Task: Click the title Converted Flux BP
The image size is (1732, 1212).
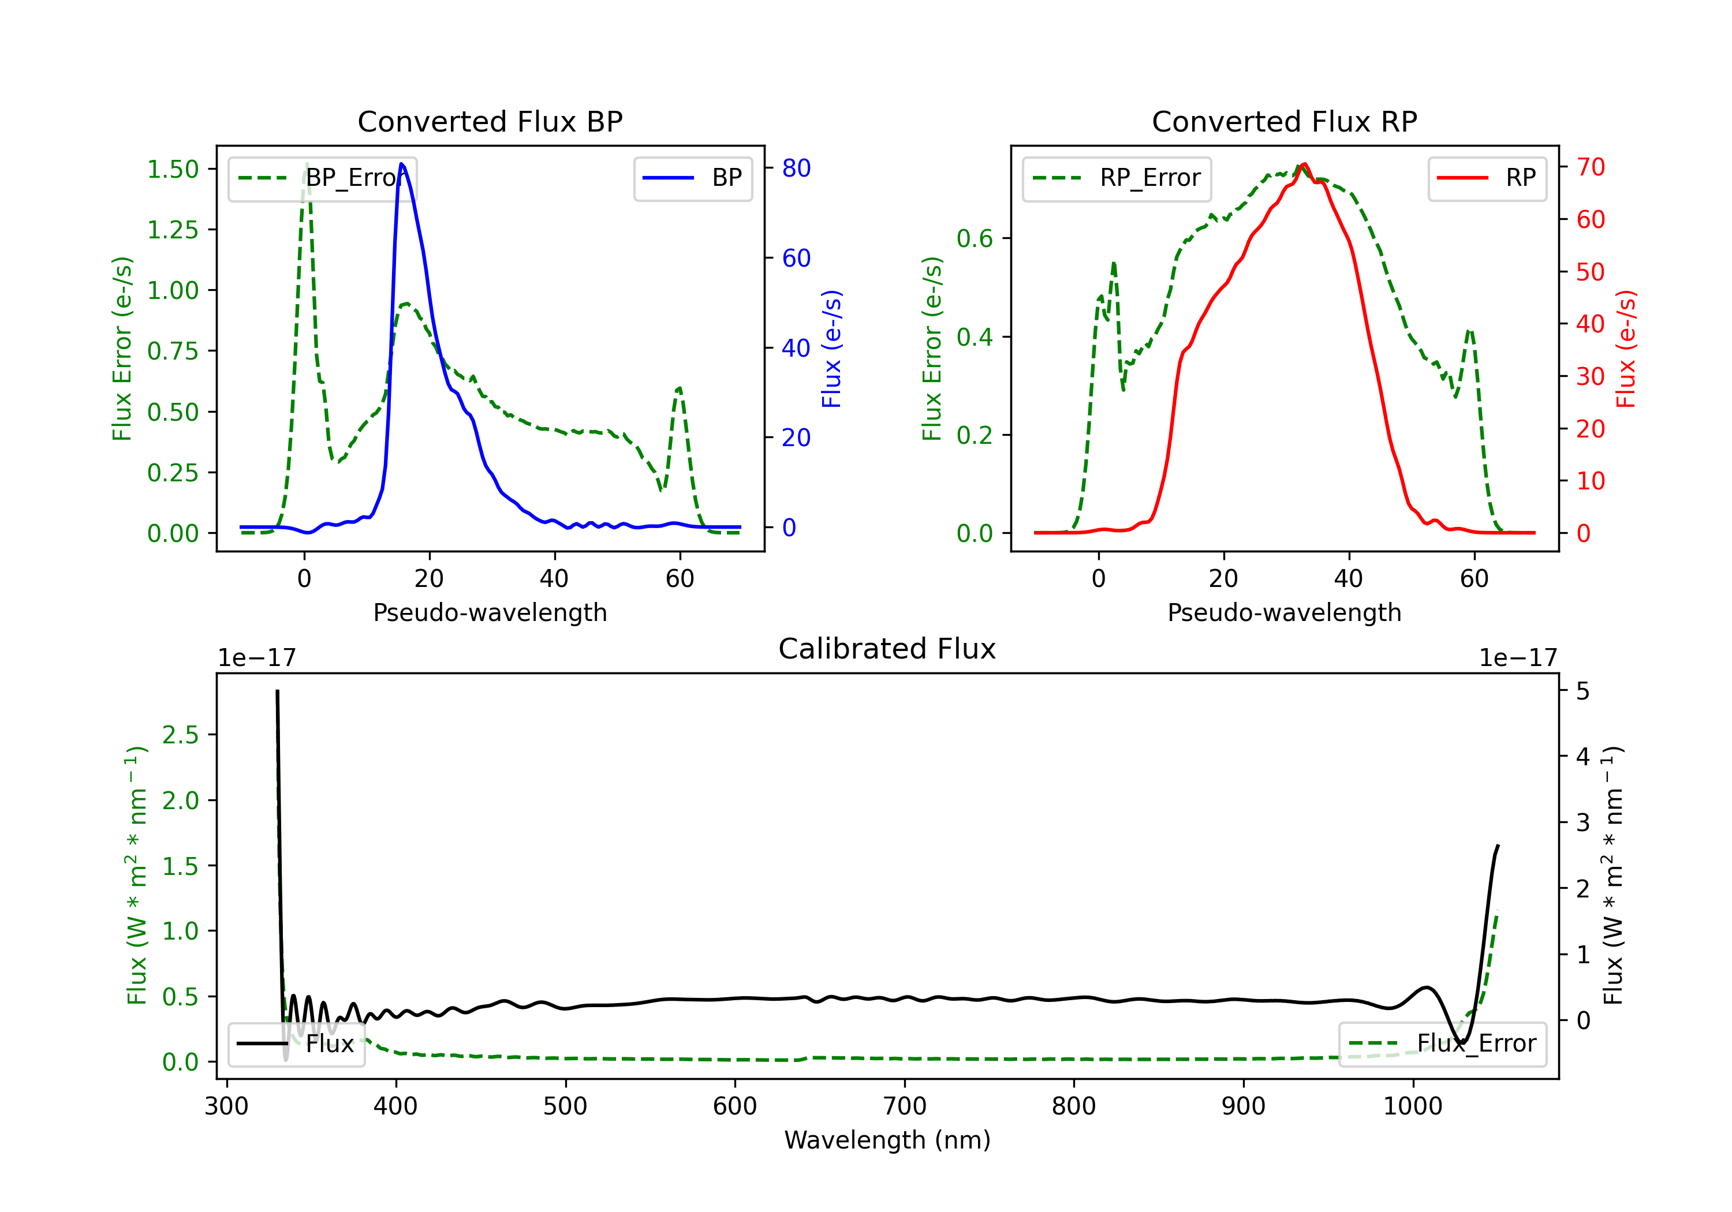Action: click(x=490, y=121)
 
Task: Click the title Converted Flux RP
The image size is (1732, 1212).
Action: click(x=1284, y=121)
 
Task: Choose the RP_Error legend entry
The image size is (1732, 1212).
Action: click(x=1117, y=178)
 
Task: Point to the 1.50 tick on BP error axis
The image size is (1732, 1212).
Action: click(x=173, y=169)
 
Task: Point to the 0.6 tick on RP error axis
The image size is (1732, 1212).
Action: click(x=975, y=238)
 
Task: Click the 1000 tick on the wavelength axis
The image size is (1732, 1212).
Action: click(x=1412, y=1106)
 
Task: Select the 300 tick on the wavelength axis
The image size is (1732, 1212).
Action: click(x=226, y=1106)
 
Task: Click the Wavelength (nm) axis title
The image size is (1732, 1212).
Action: click(x=887, y=1140)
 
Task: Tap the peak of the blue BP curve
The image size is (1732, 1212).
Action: click(x=401, y=164)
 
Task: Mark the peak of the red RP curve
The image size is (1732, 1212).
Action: click(x=1304, y=164)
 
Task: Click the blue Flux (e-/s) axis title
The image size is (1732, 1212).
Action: click(x=831, y=349)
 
